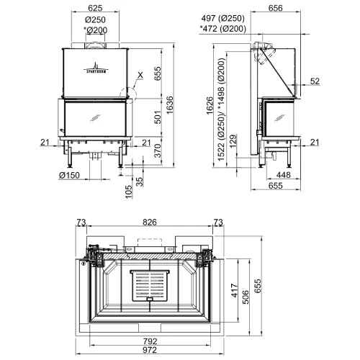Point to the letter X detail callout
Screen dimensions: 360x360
[x=140, y=74]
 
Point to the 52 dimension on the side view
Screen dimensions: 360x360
[x=315, y=81]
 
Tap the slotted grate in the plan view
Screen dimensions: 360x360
[x=150, y=286]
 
